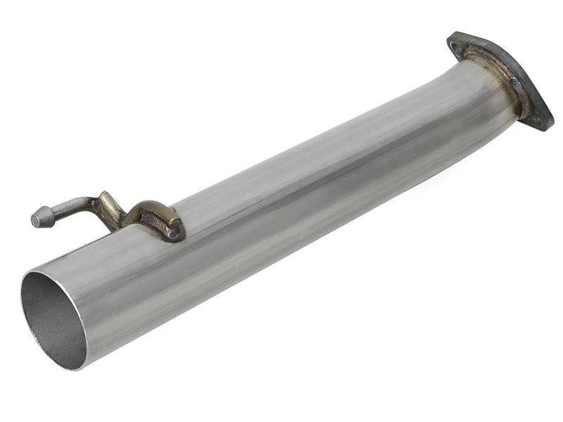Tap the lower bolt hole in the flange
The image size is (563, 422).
coord(536,120)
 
